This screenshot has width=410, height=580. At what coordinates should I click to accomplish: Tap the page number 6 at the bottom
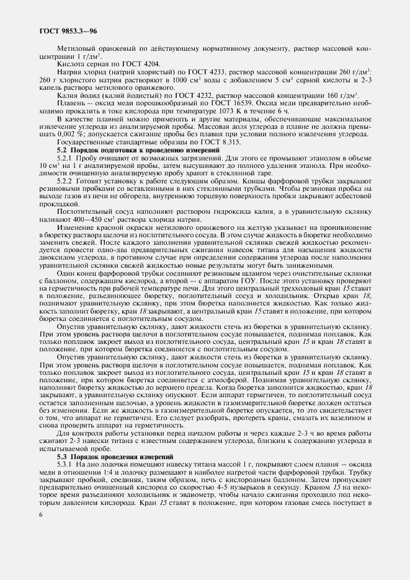(40, 514)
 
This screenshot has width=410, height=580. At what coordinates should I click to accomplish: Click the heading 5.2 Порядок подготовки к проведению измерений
(138, 149)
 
